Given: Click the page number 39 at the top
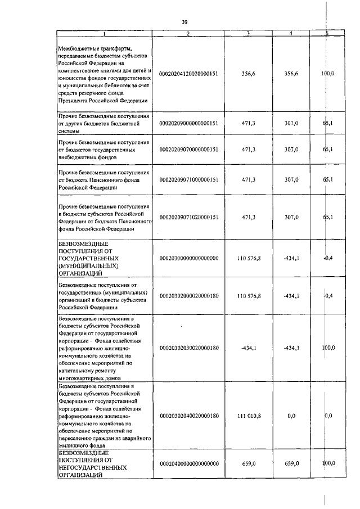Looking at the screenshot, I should point(184,21).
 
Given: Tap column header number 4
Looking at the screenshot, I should point(290,34).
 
